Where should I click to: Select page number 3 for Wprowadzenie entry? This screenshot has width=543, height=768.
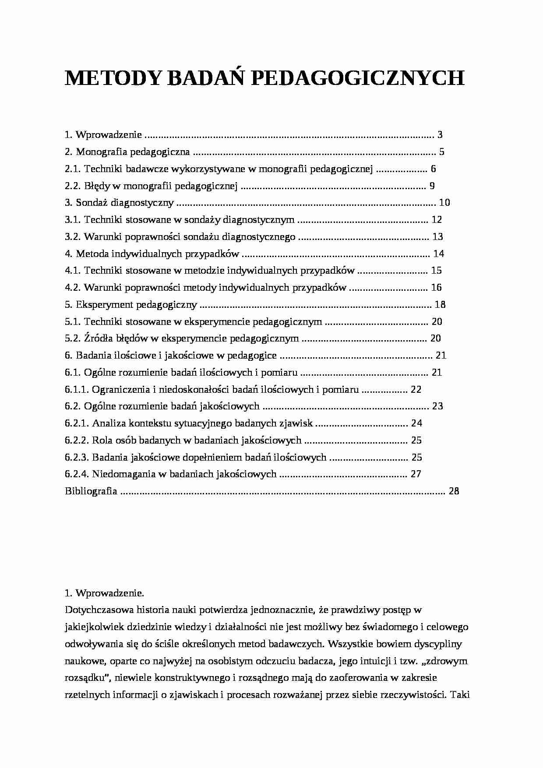pyautogui.click(x=440, y=135)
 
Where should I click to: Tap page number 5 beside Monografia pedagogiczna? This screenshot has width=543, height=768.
pyautogui.click(x=442, y=152)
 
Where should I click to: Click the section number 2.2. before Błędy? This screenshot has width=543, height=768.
pyautogui.click(x=73, y=186)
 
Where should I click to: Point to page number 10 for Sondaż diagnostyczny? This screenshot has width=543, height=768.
pyautogui.click(x=444, y=203)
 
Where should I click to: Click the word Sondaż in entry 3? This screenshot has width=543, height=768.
pyautogui.click(x=92, y=203)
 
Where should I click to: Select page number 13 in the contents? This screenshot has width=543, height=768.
pyautogui.click(x=437, y=237)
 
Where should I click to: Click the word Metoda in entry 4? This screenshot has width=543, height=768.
pyautogui.click(x=92, y=254)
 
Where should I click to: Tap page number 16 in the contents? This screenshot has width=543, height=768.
pyautogui.click(x=436, y=288)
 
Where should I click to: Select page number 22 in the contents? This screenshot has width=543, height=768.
pyautogui.click(x=416, y=390)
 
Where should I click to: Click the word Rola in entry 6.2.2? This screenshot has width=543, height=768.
pyautogui.click(x=102, y=440)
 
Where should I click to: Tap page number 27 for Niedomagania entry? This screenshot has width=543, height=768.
pyautogui.click(x=416, y=474)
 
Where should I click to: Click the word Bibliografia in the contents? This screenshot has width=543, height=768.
pyautogui.click(x=91, y=491)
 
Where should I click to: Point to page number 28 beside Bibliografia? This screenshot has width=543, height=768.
pyautogui.click(x=454, y=491)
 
